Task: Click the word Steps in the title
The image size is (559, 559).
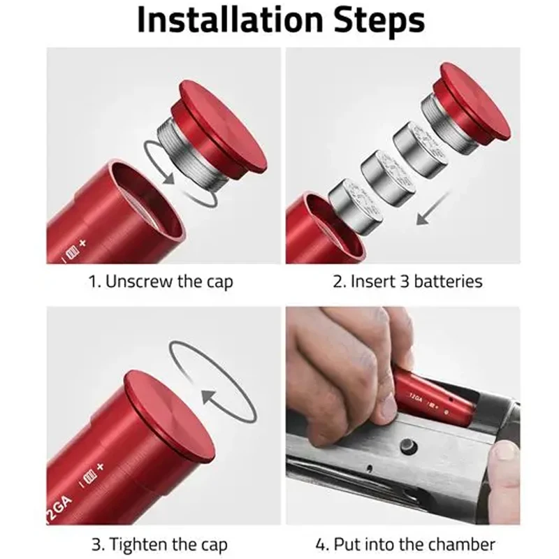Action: coord(379,20)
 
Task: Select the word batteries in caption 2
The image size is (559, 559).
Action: coord(448,282)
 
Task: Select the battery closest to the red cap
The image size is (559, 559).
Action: coord(421,150)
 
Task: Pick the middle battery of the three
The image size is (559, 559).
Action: coord(388,178)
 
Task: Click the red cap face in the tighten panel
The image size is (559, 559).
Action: coord(169,417)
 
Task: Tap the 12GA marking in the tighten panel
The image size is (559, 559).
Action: coord(58,509)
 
